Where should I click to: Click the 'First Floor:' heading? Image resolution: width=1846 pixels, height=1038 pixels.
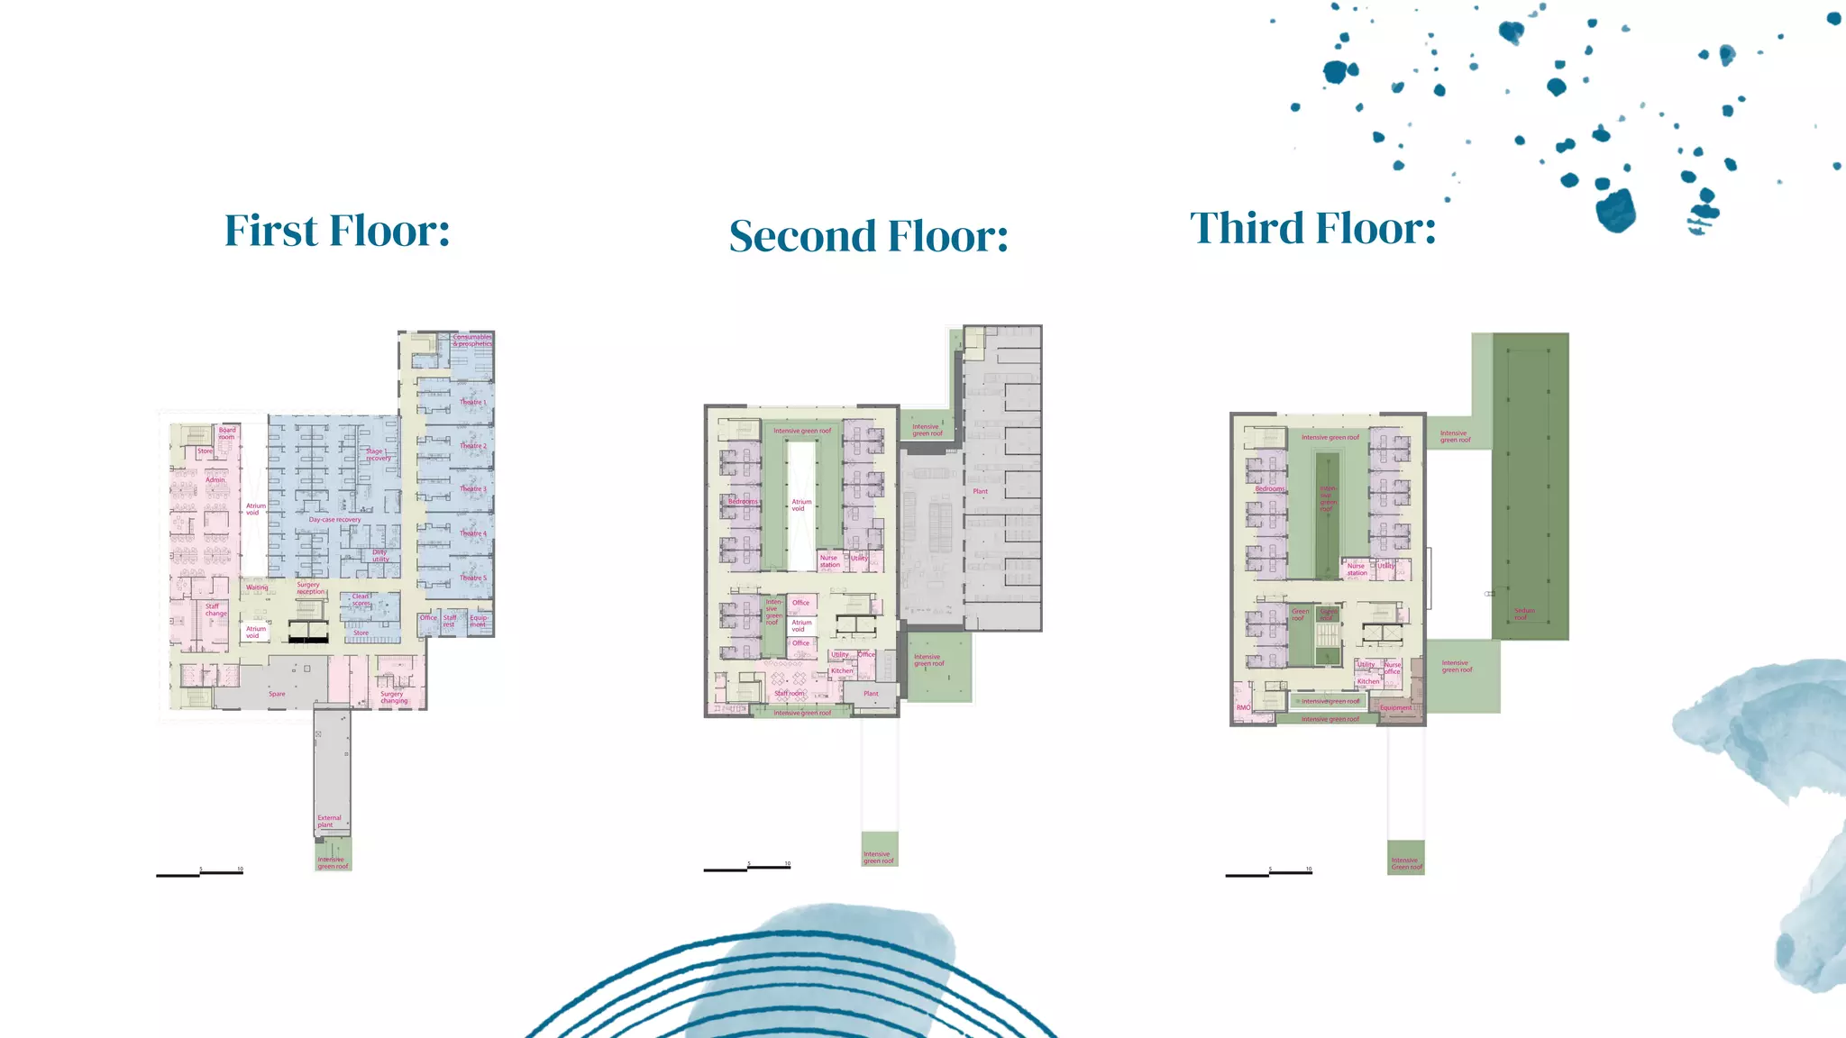click(337, 231)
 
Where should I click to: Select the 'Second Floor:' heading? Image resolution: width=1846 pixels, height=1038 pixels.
click(868, 236)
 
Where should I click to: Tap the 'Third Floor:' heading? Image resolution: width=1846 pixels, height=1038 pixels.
click(1312, 228)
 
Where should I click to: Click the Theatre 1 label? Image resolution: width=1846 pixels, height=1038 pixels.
click(472, 403)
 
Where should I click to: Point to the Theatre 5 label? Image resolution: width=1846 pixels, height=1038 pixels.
click(472, 578)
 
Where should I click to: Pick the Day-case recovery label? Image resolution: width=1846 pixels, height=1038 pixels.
click(334, 520)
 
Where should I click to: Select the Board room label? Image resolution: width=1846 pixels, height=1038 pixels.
click(227, 433)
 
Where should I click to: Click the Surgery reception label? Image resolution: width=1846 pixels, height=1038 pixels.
click(310, 588)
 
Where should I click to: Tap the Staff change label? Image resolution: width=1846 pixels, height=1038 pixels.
click(215, 610)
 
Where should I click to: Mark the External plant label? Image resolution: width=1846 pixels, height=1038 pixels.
click(328, 821)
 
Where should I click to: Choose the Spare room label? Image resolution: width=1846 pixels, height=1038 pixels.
click(277, 694)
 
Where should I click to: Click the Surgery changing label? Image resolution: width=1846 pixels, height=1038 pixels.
click(393, 697)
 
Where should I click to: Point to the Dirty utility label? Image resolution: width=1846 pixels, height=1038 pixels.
click(380, 556)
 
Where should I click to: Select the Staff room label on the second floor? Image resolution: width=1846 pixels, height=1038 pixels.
click(789, 693)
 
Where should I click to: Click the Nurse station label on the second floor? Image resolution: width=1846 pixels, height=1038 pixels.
click(829, 561)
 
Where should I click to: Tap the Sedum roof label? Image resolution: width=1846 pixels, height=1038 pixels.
click(1523, 614)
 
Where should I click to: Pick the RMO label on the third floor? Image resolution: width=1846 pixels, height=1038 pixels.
click(1243, 707)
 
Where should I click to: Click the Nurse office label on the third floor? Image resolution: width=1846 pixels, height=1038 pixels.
click(1393, 668)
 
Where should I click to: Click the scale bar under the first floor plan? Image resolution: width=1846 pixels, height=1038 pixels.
click(199, 872)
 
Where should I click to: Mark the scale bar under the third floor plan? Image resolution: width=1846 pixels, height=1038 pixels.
click(1268, 872)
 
